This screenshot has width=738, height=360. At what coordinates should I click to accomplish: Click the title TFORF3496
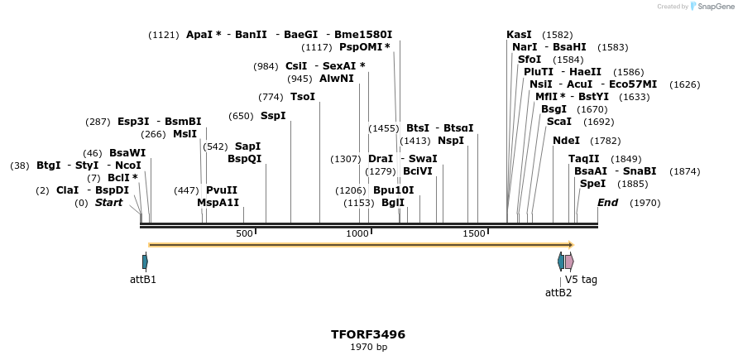[368, 334]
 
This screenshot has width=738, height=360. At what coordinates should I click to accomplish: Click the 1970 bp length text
[368, 347]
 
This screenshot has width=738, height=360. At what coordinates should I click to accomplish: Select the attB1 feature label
[143, 280]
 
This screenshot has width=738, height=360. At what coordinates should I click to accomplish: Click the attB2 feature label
[558, 292]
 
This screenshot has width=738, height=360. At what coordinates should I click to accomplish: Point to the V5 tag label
[581, 280]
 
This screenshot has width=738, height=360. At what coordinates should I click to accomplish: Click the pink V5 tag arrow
[569, 262]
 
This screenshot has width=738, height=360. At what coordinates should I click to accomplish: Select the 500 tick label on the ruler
[244, 234]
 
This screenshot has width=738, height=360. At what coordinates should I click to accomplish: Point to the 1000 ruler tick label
[357, 234]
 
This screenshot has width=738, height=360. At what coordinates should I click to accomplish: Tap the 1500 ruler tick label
[474, 234]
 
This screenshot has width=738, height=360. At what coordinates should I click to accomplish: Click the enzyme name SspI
[273, 116]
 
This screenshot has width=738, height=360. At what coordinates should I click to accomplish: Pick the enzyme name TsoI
[303, 97]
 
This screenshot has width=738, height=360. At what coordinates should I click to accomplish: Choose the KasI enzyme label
[519, 35]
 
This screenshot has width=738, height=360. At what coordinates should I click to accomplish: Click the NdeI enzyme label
[566, 141]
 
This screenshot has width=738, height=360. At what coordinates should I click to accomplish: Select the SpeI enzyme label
[592, 184]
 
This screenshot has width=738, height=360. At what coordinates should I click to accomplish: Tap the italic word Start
[108, 203]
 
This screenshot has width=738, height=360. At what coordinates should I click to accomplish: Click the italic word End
[607, 203]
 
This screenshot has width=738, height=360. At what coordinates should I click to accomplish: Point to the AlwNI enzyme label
[337, 79]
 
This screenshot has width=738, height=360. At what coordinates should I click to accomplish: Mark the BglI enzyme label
[393, 203]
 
